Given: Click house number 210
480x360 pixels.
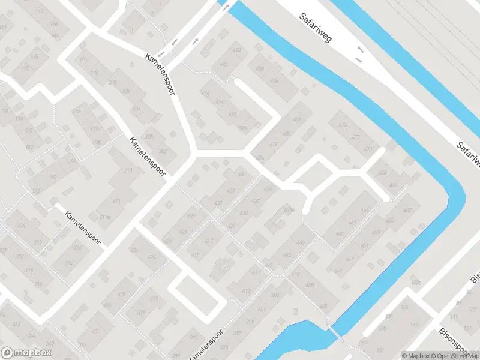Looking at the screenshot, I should click(x=128, y=171).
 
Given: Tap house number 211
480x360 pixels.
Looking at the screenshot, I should click(x=117, y=201).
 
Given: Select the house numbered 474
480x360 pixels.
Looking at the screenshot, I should click(x=343, y=125).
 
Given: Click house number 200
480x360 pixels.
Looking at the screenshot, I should click(x=112, y=82).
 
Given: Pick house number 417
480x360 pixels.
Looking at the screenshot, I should click(x=209, y=242).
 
